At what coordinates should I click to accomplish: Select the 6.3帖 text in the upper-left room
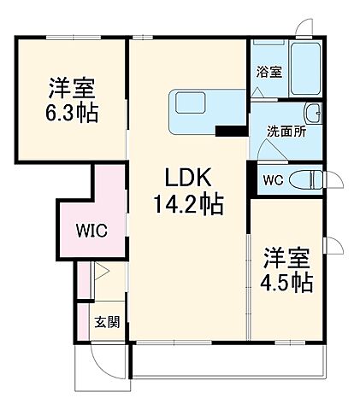click(x=71, y=113)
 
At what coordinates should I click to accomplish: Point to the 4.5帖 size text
click(x=286, y=281)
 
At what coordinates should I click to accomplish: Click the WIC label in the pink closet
click(x=91, y=231)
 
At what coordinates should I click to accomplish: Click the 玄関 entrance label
click(x=107, y=322)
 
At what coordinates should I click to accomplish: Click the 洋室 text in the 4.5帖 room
click(x=286, y=256)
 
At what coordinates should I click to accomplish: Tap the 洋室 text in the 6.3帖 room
click(x=71, y=88)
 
